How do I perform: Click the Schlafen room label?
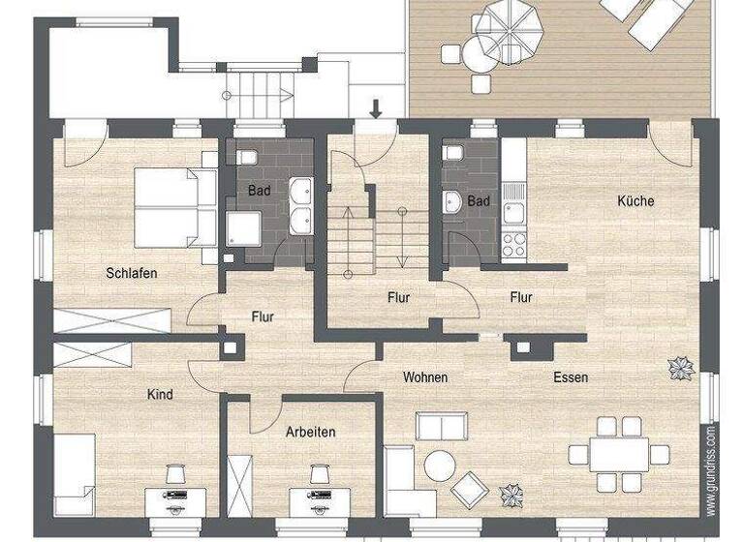(131, 273)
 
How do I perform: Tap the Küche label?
(635, 201)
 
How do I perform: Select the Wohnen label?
(425, 376)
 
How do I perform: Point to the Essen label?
(570, 376)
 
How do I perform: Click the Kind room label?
(160, 394)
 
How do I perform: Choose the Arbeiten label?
(310, 432)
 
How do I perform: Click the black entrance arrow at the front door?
(376, 107)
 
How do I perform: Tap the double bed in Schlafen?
(174, 208)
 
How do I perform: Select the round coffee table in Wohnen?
(440, 467)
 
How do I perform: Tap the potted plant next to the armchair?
(511, 497)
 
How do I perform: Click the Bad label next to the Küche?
(479, 201)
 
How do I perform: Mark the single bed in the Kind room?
(74, 474)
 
